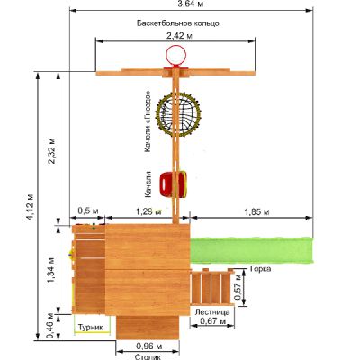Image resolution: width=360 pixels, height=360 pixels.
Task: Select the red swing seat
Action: coord(173,184)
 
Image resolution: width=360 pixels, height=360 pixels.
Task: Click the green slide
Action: coord(252,250)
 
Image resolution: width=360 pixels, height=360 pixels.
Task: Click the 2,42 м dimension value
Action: coord(179,36)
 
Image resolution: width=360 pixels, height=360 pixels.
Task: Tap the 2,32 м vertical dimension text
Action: coord(51,150)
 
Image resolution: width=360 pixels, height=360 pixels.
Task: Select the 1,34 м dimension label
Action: coord(51,270)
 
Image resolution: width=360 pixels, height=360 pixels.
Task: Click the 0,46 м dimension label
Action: coord(50,326)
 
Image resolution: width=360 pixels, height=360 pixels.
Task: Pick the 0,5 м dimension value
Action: coord(88,211)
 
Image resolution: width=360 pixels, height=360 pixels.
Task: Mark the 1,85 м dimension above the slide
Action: coord(256,212)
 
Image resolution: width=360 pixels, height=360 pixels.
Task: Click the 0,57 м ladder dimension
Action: coord(238,286)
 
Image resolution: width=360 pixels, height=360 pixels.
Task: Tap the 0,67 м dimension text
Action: coord(213,321)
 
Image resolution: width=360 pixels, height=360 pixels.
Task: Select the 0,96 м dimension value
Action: coord(149,346)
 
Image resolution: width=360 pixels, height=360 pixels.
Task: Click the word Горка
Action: coord(260,269)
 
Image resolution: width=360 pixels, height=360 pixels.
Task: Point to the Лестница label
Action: coord(212,312)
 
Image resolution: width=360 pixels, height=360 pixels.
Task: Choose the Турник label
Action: coord(91,327)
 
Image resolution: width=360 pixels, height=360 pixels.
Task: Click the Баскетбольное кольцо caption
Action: coord(178,23)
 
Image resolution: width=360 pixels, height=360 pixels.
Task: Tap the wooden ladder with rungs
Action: coord(212,287)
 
